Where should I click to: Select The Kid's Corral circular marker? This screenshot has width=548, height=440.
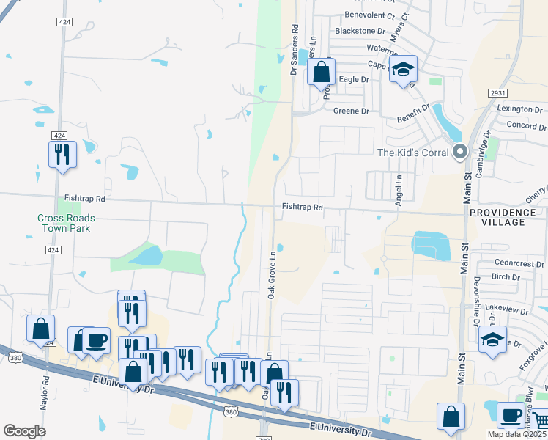(460, 153)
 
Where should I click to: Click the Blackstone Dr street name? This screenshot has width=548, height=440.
(360, 31)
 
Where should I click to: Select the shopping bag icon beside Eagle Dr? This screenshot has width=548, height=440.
(321, 72)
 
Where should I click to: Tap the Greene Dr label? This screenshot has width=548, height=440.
(351, 111)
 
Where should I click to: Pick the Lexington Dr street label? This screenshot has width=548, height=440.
(519, 109)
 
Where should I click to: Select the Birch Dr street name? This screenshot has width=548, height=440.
(506, 277)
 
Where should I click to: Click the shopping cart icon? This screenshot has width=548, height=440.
(541, 421)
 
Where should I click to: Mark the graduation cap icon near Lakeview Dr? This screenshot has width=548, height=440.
(492, 340)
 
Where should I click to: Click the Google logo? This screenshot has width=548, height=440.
(24, 431)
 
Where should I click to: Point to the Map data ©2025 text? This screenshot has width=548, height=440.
(516, 434)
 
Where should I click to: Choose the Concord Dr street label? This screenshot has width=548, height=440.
(522, 126)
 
